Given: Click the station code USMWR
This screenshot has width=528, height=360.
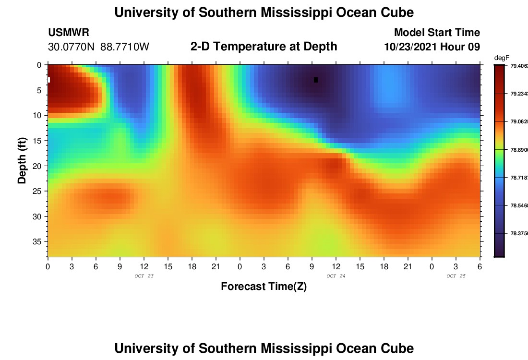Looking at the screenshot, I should coord(68,33).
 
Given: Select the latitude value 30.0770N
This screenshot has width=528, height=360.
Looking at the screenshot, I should coord(71,47).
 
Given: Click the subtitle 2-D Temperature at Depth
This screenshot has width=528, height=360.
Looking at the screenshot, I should coord(264,47).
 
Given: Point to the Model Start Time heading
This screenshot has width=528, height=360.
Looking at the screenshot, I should coord(437,33).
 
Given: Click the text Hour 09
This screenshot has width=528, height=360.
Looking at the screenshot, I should coord(463,47).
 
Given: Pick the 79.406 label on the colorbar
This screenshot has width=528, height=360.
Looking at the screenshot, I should coord(518,66).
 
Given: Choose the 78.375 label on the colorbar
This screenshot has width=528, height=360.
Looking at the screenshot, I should coord(518,234).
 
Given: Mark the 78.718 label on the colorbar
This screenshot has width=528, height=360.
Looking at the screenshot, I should coord(518,178).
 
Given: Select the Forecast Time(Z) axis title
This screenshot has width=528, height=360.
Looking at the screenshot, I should coord(264,287).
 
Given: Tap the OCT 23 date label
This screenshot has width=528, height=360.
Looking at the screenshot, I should coord(144,276).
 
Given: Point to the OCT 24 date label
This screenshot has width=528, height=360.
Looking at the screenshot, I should coord(336,276).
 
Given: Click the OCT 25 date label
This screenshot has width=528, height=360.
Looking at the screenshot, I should coord(456,276).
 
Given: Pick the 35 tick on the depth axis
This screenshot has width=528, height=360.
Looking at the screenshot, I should coord(38,241).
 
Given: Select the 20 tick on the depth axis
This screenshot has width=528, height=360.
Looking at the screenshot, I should coord(38,166).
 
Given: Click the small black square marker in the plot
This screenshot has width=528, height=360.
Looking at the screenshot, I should coord(316,80).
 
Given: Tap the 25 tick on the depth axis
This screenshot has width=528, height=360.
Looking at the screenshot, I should coord(38,191).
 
